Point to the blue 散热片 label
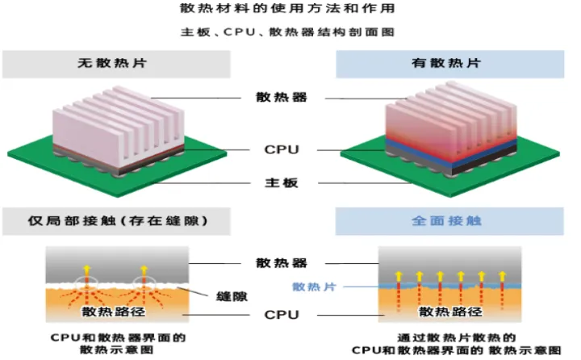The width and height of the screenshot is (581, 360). [309, 287]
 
